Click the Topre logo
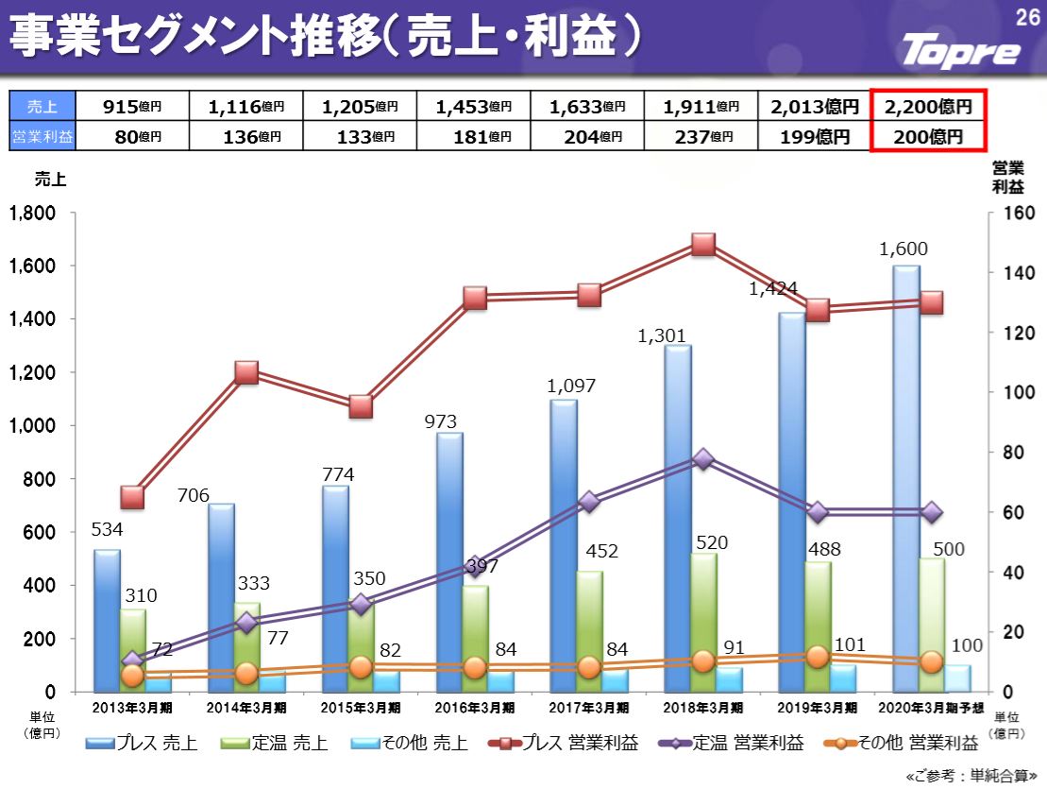pos(961,50)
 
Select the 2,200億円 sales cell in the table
pos(928,107)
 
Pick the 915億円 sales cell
pos(132,107)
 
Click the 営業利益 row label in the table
pos(42,137)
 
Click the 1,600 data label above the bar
pos(903,249)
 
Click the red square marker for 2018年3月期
pos(703,245)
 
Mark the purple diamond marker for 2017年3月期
pos(589,502)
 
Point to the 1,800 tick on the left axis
pos(30,214)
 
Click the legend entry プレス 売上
pos(142,744)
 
